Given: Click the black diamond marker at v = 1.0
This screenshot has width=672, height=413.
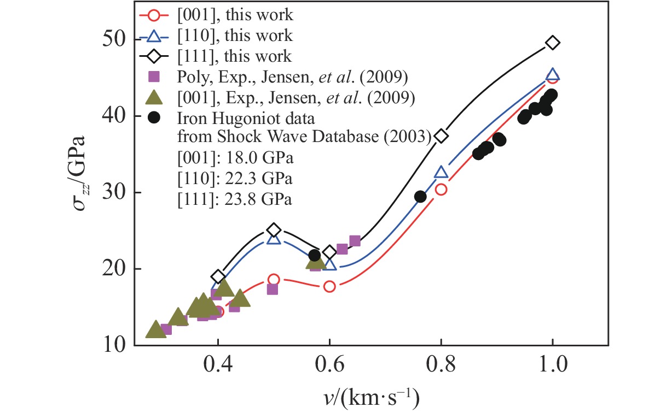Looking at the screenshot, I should [x=552, y=43].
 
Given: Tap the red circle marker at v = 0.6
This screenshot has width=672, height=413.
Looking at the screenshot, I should [x=329, y=286].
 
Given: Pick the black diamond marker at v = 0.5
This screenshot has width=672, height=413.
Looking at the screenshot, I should [x=274, y=230].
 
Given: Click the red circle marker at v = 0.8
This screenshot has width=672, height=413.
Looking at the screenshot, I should [x=441, y=190].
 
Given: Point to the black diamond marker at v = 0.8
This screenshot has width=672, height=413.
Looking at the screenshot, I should [x=441, y=136].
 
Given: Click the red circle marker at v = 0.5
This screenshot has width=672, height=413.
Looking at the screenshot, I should [x=274, y=280].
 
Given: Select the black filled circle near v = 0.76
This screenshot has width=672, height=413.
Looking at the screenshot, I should [x=420, y=197].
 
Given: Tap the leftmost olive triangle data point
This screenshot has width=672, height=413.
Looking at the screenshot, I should [x=156, y=329].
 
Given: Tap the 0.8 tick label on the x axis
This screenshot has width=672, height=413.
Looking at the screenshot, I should [x=441, y=364].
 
